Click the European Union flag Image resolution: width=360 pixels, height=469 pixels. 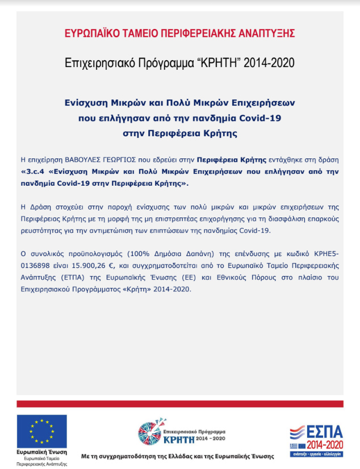coord(41,431)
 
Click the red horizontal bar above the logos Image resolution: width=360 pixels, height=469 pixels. coord(179,403)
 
